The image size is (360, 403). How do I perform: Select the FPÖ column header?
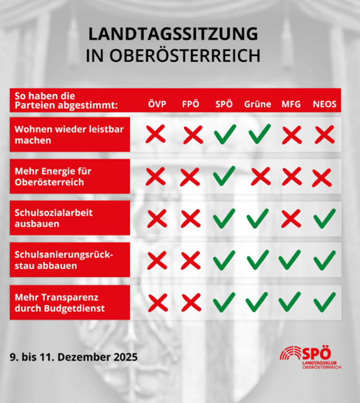click(191, 105)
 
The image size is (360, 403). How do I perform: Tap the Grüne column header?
click(257, 105)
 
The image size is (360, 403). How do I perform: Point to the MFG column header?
click(291, 105)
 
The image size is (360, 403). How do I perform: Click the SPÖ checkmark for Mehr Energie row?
click(224, 175)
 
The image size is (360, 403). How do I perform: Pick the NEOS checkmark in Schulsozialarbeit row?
click(324, 218)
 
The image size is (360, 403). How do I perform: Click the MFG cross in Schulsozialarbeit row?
click(291, 218)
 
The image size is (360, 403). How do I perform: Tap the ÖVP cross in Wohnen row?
click(156, 135)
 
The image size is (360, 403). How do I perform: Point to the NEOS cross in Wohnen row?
click(325, 135)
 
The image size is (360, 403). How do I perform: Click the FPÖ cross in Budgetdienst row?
click(190, 302)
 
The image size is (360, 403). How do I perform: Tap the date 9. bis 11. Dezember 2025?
click(74, 357)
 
